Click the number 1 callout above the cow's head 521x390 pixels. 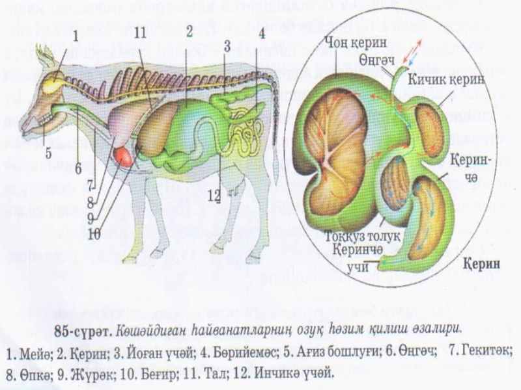point(76,36)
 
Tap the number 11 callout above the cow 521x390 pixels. point(141,32)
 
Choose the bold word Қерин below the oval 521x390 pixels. point(480,265)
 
